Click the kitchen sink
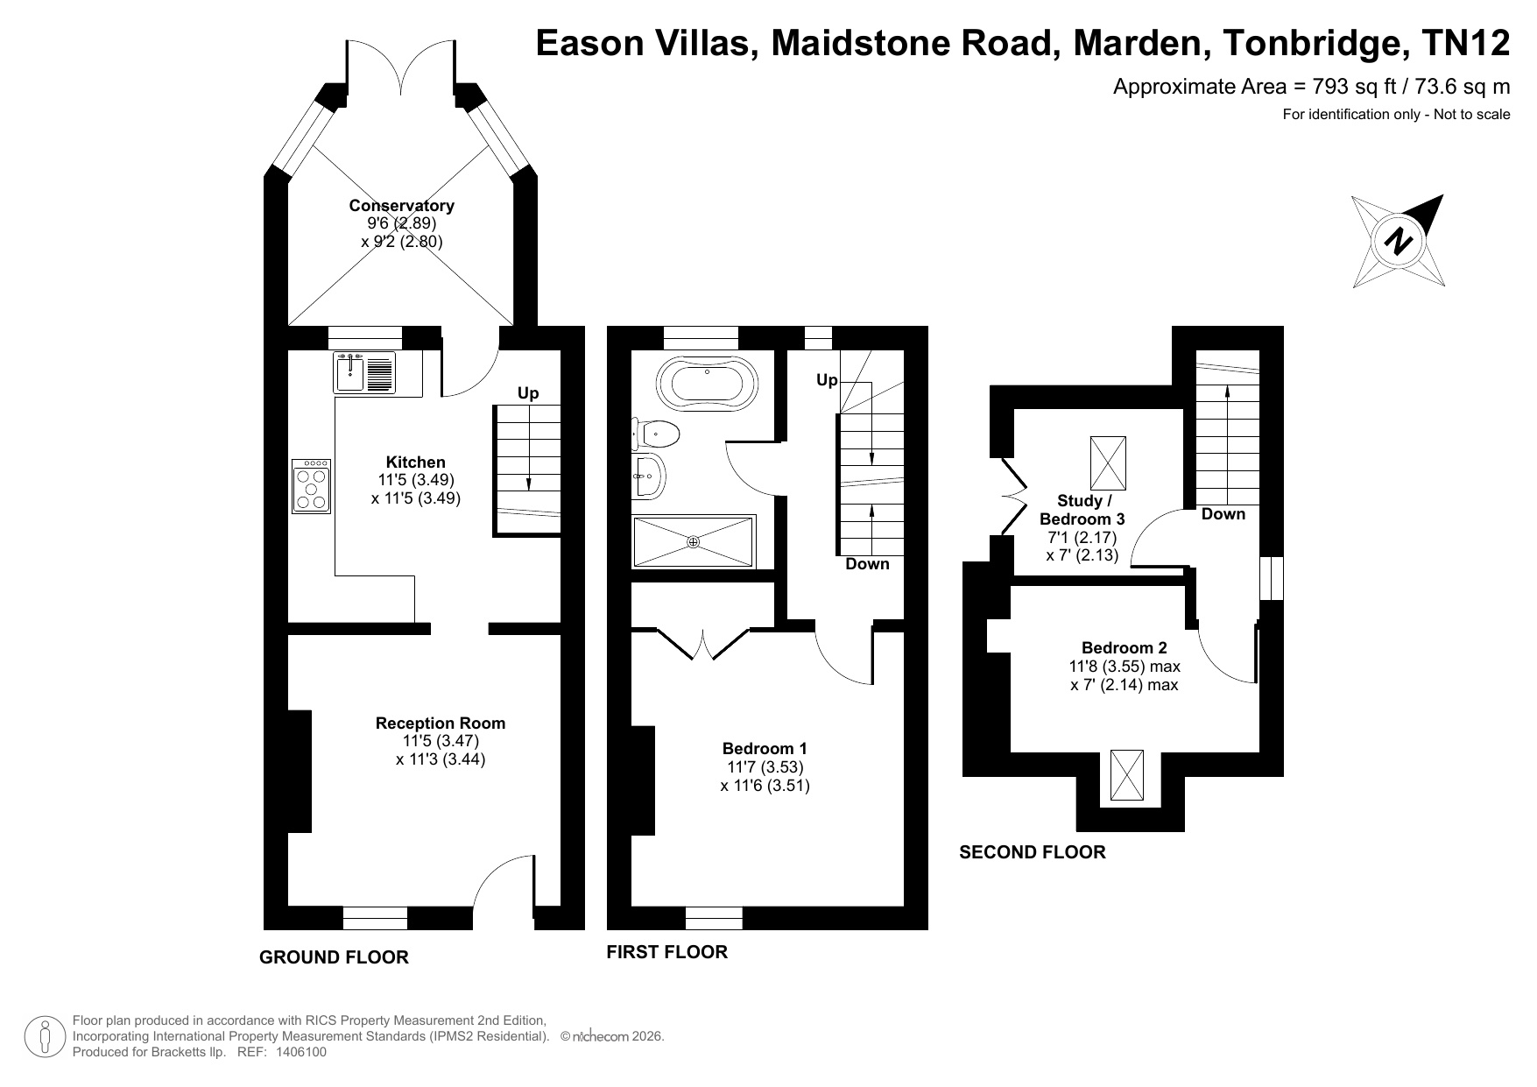[364, 372]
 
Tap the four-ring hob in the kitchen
[312, 486]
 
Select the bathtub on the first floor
[709, 383]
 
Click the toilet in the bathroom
[655, 433]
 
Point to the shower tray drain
[694, 542]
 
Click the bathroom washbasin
[647, 476]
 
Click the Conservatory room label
[401, 206]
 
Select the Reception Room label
[441, 723]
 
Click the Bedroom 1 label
[765, 749]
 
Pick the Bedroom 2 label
[1125, 648]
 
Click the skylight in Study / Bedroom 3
[1109, 462]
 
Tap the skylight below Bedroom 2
[1126, 774]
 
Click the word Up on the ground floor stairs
[528, 393]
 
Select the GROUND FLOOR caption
[335, 957]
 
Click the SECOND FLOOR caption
[1033, 852]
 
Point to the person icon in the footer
[46, 1036]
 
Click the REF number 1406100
[301, 1052]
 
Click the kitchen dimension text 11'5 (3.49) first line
[416, 480]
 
